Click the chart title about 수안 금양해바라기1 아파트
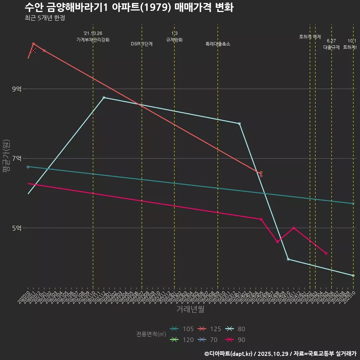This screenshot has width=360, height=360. click(x=129, y=7)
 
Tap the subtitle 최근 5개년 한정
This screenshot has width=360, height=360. click(x=45, y=18)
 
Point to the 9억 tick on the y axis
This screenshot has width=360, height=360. click(x=17, y=89)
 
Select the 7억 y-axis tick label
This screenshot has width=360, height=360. click(x=17, y=158)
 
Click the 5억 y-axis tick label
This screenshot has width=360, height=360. click(x=17, y=228)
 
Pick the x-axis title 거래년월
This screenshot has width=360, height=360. click(x=190, y=309)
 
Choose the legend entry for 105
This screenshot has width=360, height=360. click(x=182, y=329)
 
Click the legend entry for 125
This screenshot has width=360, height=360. click(x=210, y=329)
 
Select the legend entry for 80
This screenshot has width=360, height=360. click(x=236, y=329)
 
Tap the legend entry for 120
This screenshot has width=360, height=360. click(x=182, y=340)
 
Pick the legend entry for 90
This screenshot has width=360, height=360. click(x=236, y=340)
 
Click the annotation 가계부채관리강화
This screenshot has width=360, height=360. click(x=93, y=40)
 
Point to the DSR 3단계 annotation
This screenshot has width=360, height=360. click(x=142, y=44)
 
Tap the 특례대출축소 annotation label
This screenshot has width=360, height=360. click(x=218, y=44)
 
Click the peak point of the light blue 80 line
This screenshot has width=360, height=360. click(x=104, y=97)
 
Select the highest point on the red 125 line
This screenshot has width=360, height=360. click(x=33, y=44)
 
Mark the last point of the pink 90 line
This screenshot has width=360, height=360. click(x=326, y=253)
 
